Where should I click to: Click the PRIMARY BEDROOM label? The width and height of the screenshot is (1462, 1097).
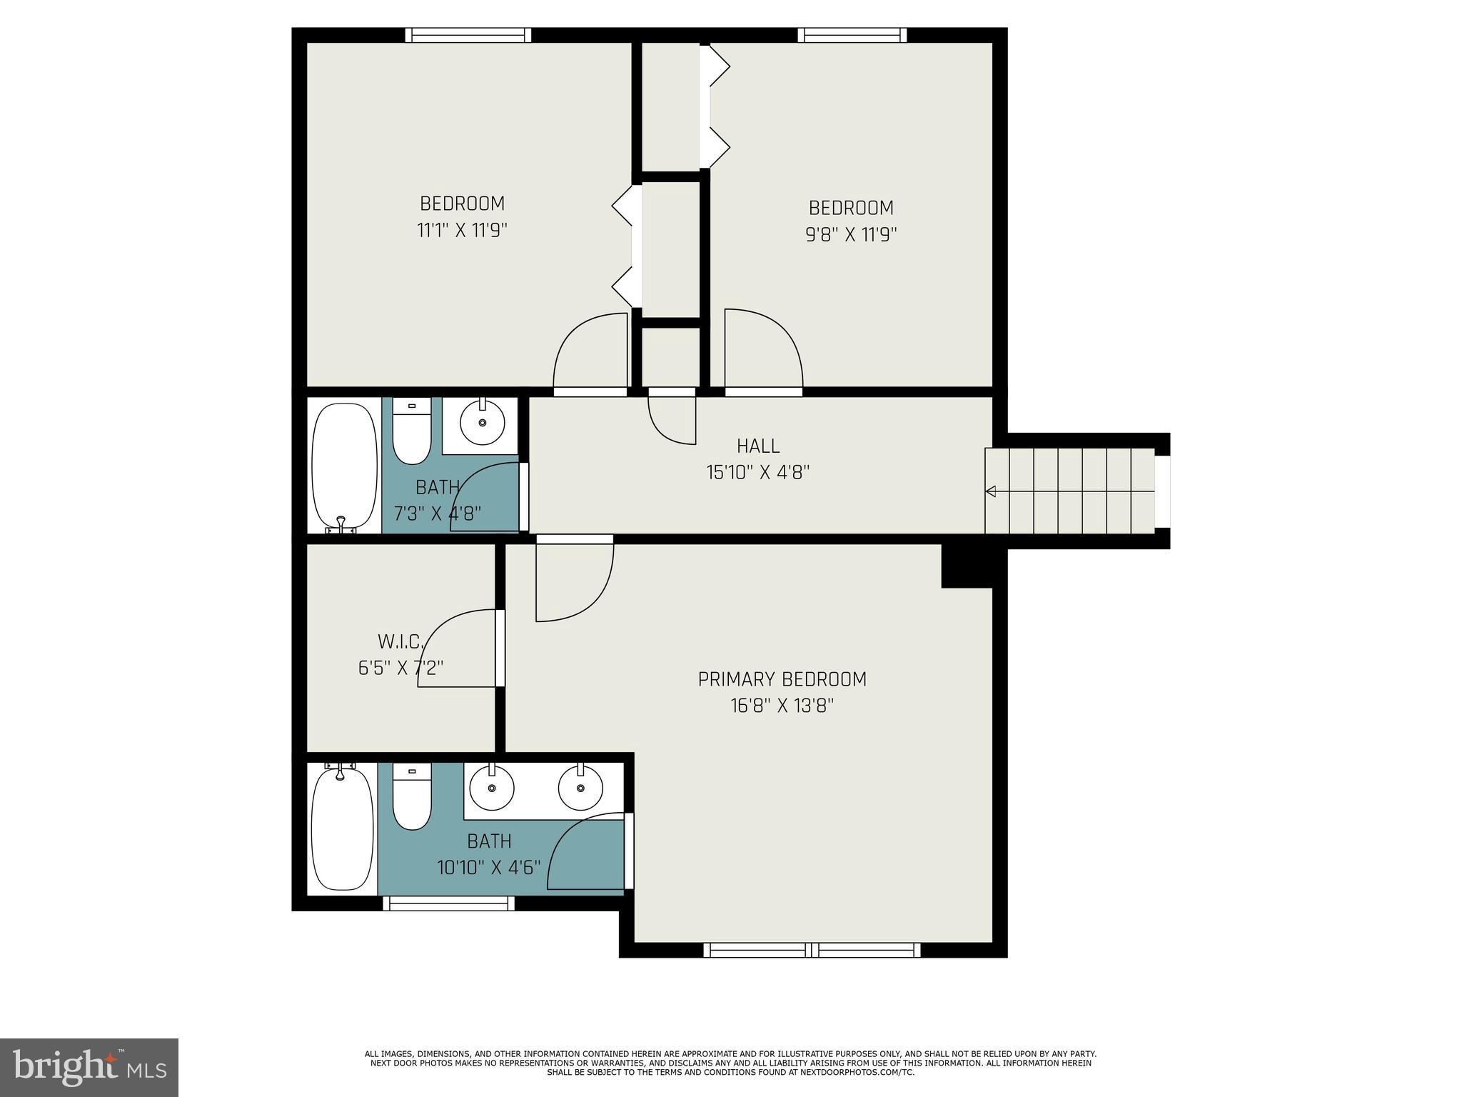point(782,679)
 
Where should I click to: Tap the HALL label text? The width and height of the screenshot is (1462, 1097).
point(758,446)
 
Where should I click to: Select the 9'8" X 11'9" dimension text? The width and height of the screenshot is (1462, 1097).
point(851,235)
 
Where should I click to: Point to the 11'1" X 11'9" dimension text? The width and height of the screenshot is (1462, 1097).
point(462,231)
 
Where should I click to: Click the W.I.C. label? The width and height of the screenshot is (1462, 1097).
point(400,641)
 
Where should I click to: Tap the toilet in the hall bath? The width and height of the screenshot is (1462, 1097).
point(412,433)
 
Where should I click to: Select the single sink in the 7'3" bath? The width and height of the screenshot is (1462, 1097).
point(482,423)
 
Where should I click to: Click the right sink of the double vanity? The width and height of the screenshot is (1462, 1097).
point(580,788)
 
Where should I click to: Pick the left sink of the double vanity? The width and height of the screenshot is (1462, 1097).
point(491,788)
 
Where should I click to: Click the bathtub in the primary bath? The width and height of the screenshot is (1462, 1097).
point(343,828)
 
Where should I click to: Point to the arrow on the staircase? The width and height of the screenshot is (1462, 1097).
point(991,491)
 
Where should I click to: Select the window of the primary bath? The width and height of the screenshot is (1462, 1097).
point(448,903)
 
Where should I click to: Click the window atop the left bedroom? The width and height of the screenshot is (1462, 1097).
point(468,35)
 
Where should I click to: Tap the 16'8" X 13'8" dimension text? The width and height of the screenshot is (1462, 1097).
point(782,706)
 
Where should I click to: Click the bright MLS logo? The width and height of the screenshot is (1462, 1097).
point(89,1067)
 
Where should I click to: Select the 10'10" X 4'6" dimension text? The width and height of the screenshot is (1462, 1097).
point(489,868)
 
